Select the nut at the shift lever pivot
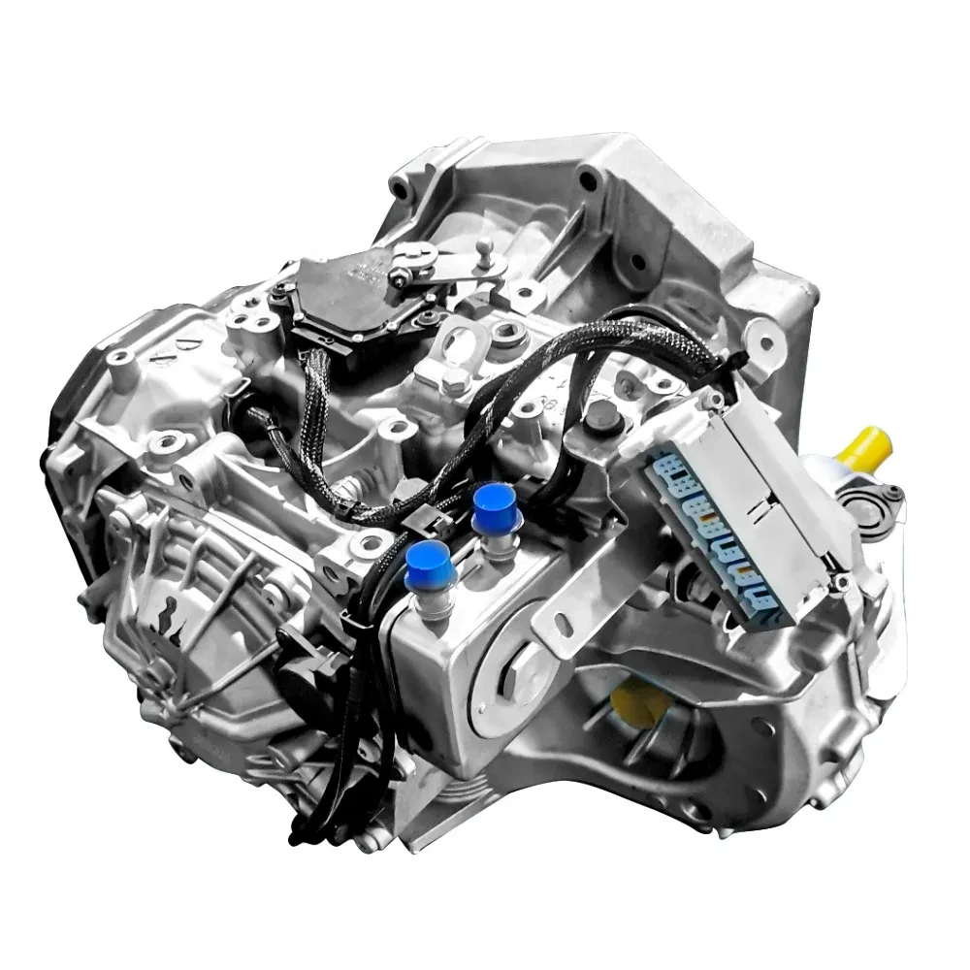click(x=399, y=279)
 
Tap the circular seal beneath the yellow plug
click(x=862, y=503)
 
